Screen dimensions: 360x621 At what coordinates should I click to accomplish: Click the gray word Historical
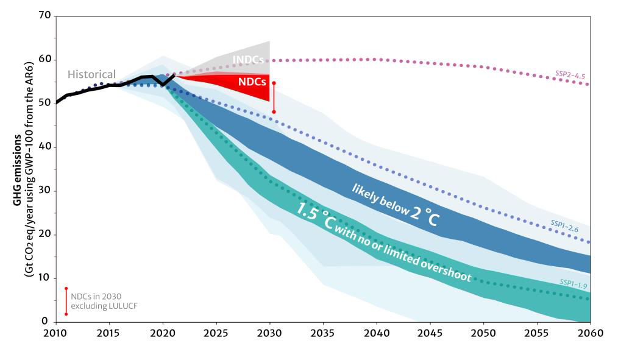(91, 74)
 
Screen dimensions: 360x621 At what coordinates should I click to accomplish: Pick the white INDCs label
(249, 61)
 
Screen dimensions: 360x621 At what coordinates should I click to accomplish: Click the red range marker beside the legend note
(66, 301)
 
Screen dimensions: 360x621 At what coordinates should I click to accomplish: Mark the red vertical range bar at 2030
(274, 97)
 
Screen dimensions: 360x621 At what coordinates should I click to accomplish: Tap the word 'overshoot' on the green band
(443, 269)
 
